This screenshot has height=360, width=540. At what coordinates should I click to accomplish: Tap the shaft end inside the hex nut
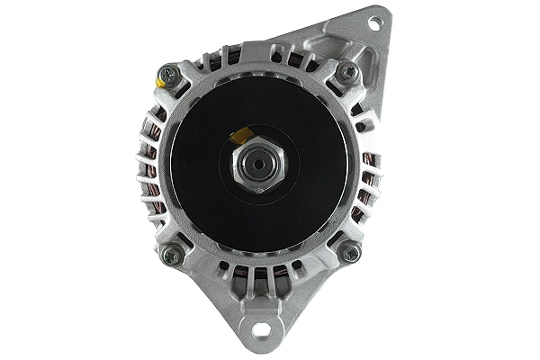coord(258,166)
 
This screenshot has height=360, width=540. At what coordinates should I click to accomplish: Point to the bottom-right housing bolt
coord(351,253)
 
